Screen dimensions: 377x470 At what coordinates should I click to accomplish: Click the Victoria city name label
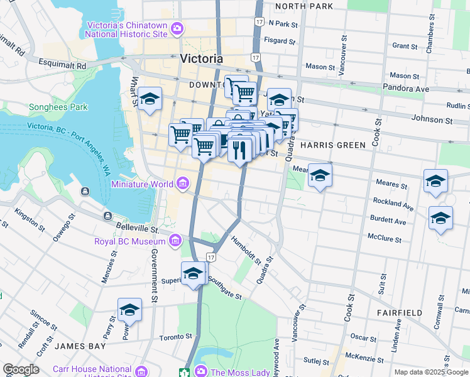tap(201, 58)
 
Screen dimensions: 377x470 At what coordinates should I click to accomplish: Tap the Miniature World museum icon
tap(182, 183)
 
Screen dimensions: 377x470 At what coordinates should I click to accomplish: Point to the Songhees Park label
tap(58, 107)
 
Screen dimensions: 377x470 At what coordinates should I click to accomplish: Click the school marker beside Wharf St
tap(150, 99)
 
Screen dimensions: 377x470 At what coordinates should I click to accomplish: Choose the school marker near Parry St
tap(129, 310)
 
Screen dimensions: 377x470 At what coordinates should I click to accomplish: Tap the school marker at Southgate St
tap(194, 273)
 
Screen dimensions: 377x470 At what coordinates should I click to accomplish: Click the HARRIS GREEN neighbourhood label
tap(332, 145)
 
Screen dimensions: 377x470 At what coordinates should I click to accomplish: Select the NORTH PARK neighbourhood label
tap(303, 6)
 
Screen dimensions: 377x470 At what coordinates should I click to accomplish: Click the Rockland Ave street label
tap(393, 205)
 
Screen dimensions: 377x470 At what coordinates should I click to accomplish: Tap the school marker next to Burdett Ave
tap(440, 218)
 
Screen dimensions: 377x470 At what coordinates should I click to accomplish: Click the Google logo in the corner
tap(20, 369)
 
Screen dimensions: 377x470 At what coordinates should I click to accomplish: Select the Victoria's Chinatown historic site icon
tap(177, 28)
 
